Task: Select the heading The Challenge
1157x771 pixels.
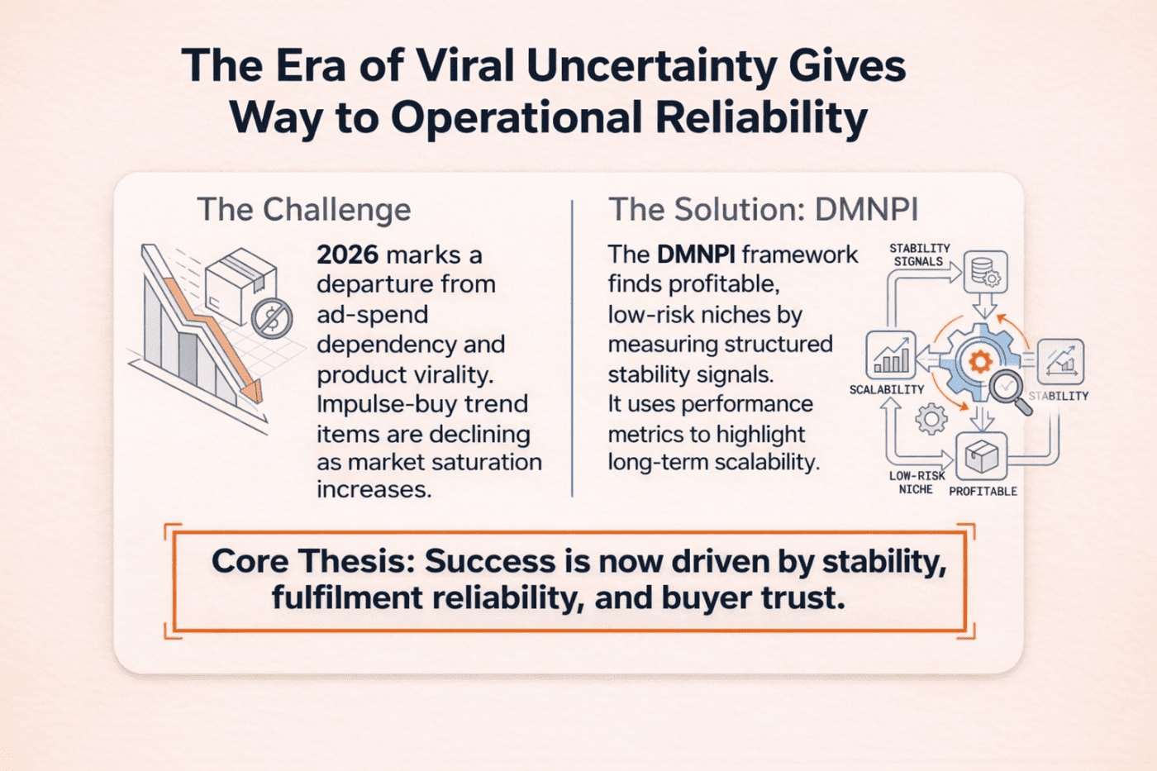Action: [303, 210]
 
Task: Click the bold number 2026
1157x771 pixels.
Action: [347, 255]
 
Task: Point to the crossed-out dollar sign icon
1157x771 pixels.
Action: [271, 318]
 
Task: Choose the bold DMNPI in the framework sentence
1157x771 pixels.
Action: [697, 255]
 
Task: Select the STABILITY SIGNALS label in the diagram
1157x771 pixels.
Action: [919, 255]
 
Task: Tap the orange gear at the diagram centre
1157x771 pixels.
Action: [980, 361]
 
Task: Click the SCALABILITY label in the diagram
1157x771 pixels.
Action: [886, 389]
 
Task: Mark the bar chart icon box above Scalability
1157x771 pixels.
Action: [890, 355]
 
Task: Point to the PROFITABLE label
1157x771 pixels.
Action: [983, 491]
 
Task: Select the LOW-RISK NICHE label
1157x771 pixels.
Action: [917, 483]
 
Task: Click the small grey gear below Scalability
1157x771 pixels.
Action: [931, 419]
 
